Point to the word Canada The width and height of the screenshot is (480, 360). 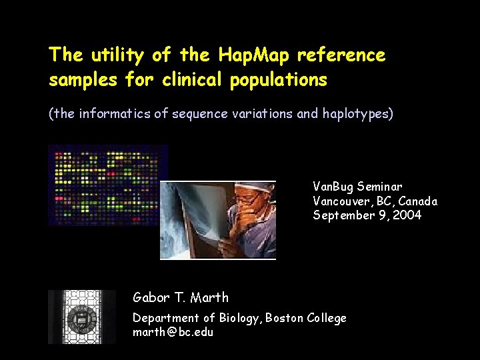pyautogui.click(x=418, y=201)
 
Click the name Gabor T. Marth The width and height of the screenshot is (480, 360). pyautogui.click(x=181, y=297)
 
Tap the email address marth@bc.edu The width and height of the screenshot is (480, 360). pyautogui.click(x=173, y=331)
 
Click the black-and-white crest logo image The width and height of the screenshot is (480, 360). pyautogui.click(x=82, y=317)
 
